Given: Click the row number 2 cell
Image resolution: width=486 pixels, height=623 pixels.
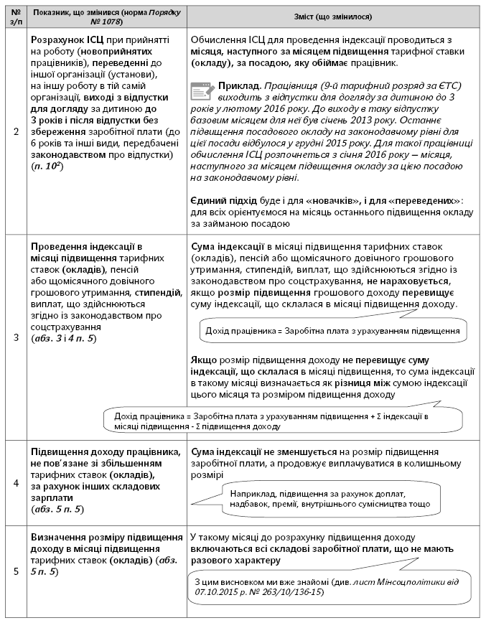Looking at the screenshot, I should tap(16, 131).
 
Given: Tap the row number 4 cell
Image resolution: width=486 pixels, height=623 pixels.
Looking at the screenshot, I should tap(16, 482).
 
